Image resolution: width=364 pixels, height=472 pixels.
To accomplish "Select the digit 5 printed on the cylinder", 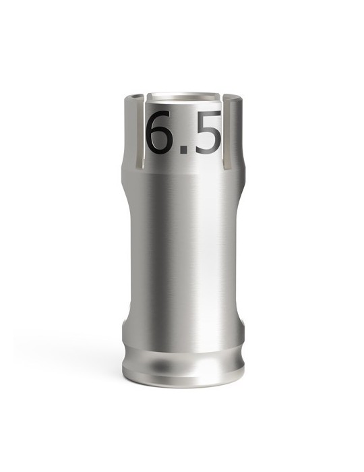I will (206, 131).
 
